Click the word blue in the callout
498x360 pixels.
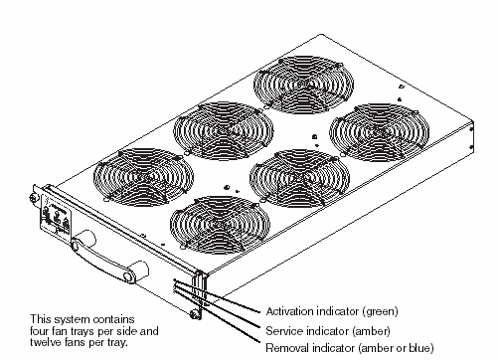[x=419, y=348]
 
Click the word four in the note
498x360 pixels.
[x=39, y=331]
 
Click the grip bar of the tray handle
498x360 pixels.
[x=102, y=262]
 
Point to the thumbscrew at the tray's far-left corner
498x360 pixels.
[x=33, y=198]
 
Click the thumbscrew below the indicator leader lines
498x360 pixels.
[x=196, y=313]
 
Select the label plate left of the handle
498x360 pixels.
[x=56, y=217]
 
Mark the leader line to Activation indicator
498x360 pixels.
[x=217, y=296]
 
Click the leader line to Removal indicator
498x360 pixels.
[x=217, y=317]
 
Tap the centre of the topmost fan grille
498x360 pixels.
[x=303, y=85]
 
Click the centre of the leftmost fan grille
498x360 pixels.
[x=143, y=177]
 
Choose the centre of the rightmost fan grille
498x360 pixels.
[x=380, y=132]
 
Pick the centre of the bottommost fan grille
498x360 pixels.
[x=220, y=225]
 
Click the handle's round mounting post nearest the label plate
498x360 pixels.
[x=83, y=241]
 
